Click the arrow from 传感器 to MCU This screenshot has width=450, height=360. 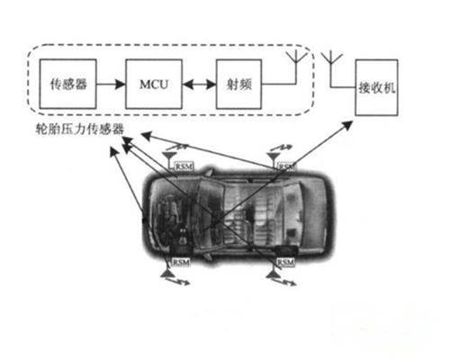click(111, 85)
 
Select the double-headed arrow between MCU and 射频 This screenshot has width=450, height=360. click(199, 85)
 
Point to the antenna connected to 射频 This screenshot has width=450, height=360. click(296, 57)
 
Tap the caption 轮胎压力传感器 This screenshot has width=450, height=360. click(80, 130)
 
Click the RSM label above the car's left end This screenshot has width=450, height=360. click(184, 166)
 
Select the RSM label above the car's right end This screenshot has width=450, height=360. click(286, 166)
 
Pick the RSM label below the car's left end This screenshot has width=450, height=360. click(181, 262)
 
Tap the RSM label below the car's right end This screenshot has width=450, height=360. click(285, 263)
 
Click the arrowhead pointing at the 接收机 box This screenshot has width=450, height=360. click(347, 125)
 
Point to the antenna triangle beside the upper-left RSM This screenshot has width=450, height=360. click(169, 156)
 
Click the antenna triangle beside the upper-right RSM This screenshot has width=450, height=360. click(273, 156)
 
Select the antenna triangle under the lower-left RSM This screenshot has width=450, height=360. click(166, 274)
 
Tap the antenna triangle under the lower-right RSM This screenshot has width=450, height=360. click(273, 274)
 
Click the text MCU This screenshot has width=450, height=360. click(154, 85)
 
